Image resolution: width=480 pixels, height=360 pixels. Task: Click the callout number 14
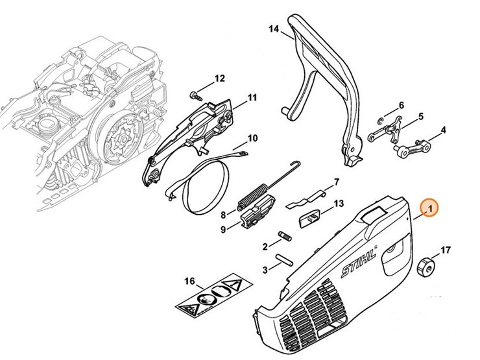tap(273, 29)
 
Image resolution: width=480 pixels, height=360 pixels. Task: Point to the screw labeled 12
tap(193, 96)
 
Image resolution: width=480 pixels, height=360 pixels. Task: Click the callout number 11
tap(252, 97)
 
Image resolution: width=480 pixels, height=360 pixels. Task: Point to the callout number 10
tap(252, 138)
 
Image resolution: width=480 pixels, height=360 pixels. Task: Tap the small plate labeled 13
tap(311, 219)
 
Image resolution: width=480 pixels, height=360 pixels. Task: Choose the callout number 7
tap(337, 182)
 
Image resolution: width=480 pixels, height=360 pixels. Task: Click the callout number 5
tap(420, 117)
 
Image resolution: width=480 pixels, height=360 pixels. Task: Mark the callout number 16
tap(189, 281)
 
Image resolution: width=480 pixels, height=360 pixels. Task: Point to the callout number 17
tap(446, 249)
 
